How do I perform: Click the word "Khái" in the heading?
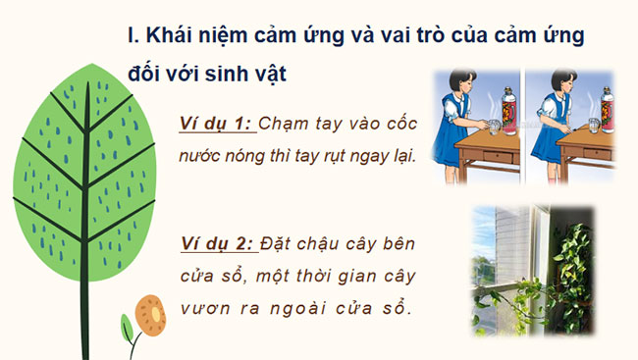pyautogui.click(x=174, y=36)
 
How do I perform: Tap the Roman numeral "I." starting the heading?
pyautogui.click(x=134, y=36)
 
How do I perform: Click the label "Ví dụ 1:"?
pyautogui.click(x=217, y=124)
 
